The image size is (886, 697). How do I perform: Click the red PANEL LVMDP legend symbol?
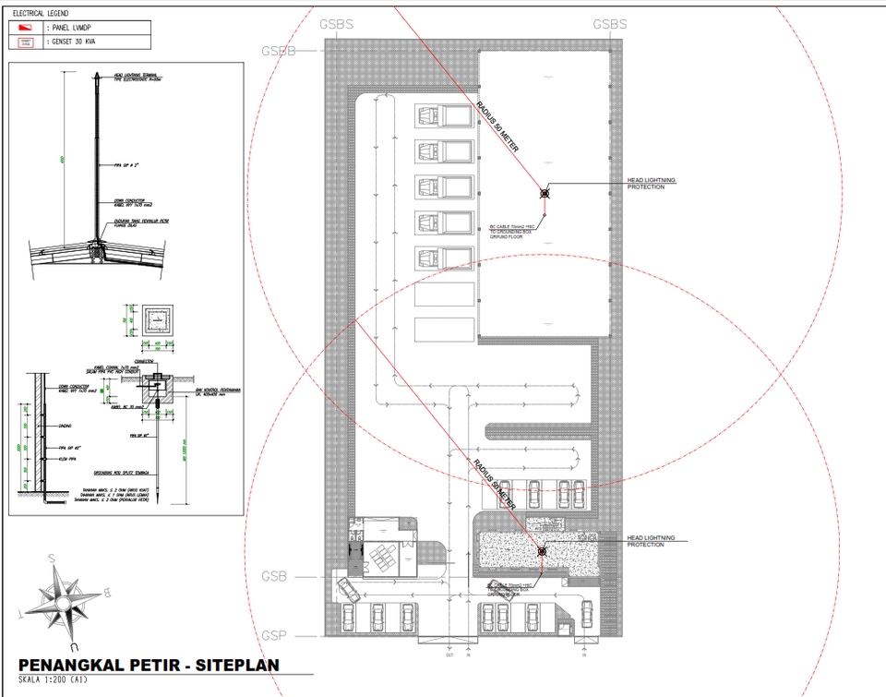click(x=25, y=29)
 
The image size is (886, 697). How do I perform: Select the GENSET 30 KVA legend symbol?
click(x=25, y=42)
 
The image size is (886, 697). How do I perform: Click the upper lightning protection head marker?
click(x=545, y=193)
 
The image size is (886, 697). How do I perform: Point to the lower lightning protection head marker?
click(x=543, y=551)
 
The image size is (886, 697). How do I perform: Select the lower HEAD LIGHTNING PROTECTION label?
click(x=651, y=541)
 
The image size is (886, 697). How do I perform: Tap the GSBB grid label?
click(x=279, y=50)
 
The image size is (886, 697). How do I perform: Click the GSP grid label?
click(x=273, y=635)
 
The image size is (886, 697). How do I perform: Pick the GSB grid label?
click(x=273, y=576)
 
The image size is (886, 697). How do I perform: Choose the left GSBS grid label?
click(x=335, y=24)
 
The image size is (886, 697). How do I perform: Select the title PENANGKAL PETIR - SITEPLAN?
click(x=149, y=666)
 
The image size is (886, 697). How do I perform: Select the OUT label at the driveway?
click(x=449, y=655)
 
